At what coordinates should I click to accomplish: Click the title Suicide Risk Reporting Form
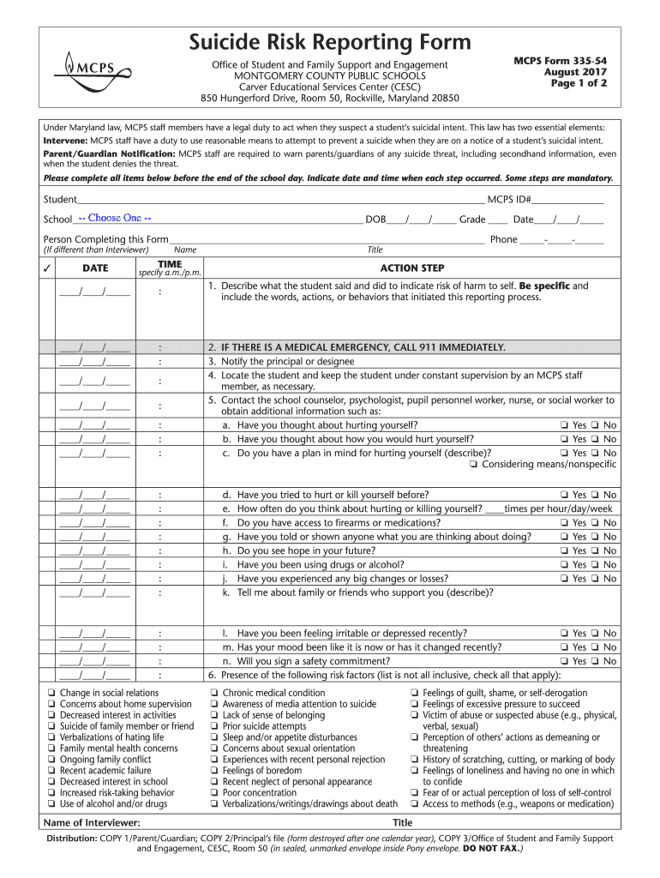tap(330, 41)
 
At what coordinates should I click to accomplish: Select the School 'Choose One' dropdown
tap(115, 218)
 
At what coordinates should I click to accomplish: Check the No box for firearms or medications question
tap(594, 523)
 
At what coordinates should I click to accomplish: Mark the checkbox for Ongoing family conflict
tap(53, 760)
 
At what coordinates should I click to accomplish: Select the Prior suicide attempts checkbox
tap(214, 726)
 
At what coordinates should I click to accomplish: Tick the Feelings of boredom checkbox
tap(214, 771)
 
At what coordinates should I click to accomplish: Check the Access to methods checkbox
tap(415, 804)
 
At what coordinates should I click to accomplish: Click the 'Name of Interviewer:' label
tap(91, 822)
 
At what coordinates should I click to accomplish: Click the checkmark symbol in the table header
tap(50, 268)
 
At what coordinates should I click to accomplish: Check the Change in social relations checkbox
tap(53, 693)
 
